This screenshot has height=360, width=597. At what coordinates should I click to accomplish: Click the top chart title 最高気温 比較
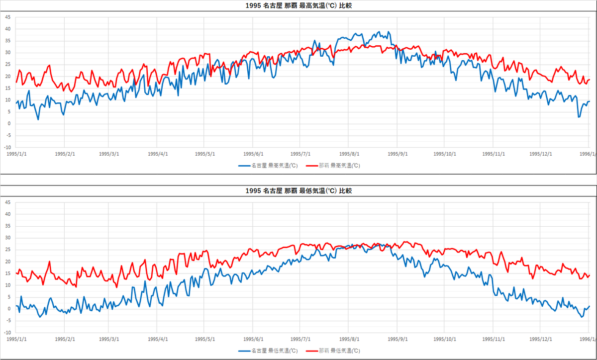click(x=299, y=6)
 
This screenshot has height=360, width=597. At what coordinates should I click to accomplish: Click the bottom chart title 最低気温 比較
click(x=299, y=191)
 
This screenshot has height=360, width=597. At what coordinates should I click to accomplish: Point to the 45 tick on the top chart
click(x=8, y=17)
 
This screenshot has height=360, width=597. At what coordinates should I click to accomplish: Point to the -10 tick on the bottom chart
click(x=7, y=333)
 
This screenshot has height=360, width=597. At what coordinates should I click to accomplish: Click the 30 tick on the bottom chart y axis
click(x=8, y=238)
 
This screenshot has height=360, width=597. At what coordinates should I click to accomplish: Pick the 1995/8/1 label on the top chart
click(x=349, y=154)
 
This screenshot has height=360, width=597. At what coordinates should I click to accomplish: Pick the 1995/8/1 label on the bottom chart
click(x=349, y=339)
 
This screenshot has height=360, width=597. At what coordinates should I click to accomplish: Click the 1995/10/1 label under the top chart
click(x=444, y=154)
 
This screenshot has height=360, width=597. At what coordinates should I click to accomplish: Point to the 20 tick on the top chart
click(x=8, y=76)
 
